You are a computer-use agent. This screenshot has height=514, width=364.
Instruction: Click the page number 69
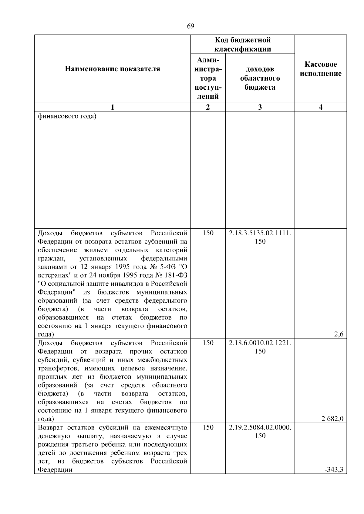190,26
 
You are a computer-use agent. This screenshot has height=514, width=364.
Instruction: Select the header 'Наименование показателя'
113,69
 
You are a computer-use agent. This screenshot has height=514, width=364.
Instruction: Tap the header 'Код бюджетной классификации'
243,45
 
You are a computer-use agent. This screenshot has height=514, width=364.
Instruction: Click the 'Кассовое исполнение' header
321,69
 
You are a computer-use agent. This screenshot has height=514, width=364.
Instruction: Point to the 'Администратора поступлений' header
208,78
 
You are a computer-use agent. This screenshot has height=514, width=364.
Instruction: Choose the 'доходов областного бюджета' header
260,78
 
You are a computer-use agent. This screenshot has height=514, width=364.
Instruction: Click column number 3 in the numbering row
260,107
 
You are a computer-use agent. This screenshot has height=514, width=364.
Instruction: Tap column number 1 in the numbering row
113,107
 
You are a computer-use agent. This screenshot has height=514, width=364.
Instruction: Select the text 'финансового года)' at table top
67,116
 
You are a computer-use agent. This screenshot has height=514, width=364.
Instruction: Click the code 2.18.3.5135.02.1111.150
260,237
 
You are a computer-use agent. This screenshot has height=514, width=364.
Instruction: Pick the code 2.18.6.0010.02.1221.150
260,347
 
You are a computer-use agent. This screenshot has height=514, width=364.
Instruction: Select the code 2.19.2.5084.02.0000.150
260,431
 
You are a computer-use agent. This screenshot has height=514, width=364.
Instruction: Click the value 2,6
339,334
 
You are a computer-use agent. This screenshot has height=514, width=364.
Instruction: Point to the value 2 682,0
332,419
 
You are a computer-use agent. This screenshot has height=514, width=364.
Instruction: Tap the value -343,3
334,478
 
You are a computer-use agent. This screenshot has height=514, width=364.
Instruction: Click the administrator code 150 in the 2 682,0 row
208,343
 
